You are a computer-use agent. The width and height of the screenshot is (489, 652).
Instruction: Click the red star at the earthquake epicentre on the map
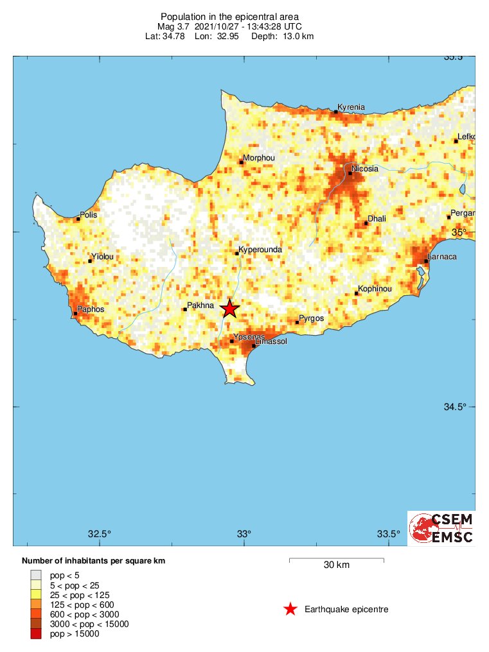tap(229, 309)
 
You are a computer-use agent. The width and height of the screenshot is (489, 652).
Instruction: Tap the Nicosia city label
tap(364, 169)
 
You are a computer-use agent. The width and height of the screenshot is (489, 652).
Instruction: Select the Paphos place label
tap(91, 309)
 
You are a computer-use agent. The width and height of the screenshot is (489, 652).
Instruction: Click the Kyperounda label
tap(260, 249)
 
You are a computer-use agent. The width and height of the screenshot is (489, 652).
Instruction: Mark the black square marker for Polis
tap(78, 219)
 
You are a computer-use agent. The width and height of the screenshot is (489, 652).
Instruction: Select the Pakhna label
tap(200, 305)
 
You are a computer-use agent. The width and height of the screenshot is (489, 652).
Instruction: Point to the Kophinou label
tap(375, 289)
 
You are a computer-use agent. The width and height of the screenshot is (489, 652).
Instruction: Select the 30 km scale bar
tap(336, 560)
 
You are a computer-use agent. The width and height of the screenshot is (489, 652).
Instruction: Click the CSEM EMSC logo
tap(441, 528)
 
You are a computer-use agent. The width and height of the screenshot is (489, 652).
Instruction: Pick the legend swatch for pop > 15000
tap(36, 634)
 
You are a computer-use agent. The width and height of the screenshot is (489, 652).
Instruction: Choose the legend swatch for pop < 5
tap(36, 575)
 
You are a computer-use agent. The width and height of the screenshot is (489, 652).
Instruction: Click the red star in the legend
tap(290, 609)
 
